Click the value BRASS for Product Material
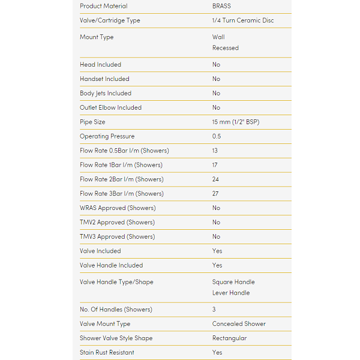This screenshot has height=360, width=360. (x=221, y=6)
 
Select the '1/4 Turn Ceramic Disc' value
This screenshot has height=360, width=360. (x=242, y=20)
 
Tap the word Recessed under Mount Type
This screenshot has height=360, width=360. (x=225, y=48)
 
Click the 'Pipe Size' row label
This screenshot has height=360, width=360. (x=92, y=122)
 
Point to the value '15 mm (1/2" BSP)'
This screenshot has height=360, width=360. (x=236, y=122)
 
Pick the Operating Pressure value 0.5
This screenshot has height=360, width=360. (x=217, y=136)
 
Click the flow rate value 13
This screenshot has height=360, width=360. (x=215, y=151)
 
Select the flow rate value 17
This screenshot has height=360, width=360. (x=215, y=165)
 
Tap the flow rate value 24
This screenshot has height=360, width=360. (x=215, y=179)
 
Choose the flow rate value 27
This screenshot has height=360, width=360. (x=215, y=194)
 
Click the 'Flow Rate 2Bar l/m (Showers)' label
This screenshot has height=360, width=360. (x=121, y=179)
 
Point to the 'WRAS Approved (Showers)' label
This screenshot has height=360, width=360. (x=118, y=208)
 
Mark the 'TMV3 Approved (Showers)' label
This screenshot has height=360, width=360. (x=117, y=237)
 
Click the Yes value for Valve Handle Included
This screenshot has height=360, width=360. (x=217, y=265)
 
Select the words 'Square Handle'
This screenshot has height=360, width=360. (x=233, y=282)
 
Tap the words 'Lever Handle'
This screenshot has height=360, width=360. (x=231, y=293)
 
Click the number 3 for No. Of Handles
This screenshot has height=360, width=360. (x=214, y=310)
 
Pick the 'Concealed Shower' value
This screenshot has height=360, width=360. (x=239, y=324)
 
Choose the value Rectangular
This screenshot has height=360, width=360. (x=229, y=338)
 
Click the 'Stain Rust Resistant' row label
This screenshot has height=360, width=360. (x=107, y=353)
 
